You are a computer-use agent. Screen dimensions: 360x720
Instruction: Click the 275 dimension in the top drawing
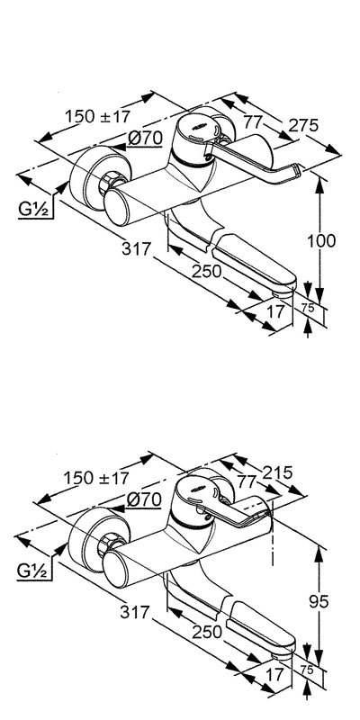(303, 124)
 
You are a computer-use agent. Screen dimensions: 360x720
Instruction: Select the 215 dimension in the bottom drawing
(277, 472)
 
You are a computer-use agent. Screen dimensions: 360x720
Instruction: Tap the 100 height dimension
(321, 240)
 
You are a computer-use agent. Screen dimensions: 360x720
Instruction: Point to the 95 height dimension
(319, 601)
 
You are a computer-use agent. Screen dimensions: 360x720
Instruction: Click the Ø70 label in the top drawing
(145, 138)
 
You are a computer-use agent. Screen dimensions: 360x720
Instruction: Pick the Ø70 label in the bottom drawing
(144, 499)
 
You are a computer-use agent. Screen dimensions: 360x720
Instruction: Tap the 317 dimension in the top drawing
(137, 249)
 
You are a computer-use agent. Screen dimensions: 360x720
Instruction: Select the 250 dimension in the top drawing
(207, 272)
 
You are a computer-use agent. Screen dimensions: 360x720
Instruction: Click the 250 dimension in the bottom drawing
(207, 633)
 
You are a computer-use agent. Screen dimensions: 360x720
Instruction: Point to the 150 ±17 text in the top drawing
(97, 116)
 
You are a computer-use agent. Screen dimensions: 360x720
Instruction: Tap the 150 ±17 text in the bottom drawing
(96, 479)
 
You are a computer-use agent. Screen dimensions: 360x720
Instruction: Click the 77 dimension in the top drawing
(253, 122)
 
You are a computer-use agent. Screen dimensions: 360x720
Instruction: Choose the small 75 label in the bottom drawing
(308, 670)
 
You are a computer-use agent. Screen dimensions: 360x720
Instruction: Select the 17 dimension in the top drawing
(275, 311)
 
